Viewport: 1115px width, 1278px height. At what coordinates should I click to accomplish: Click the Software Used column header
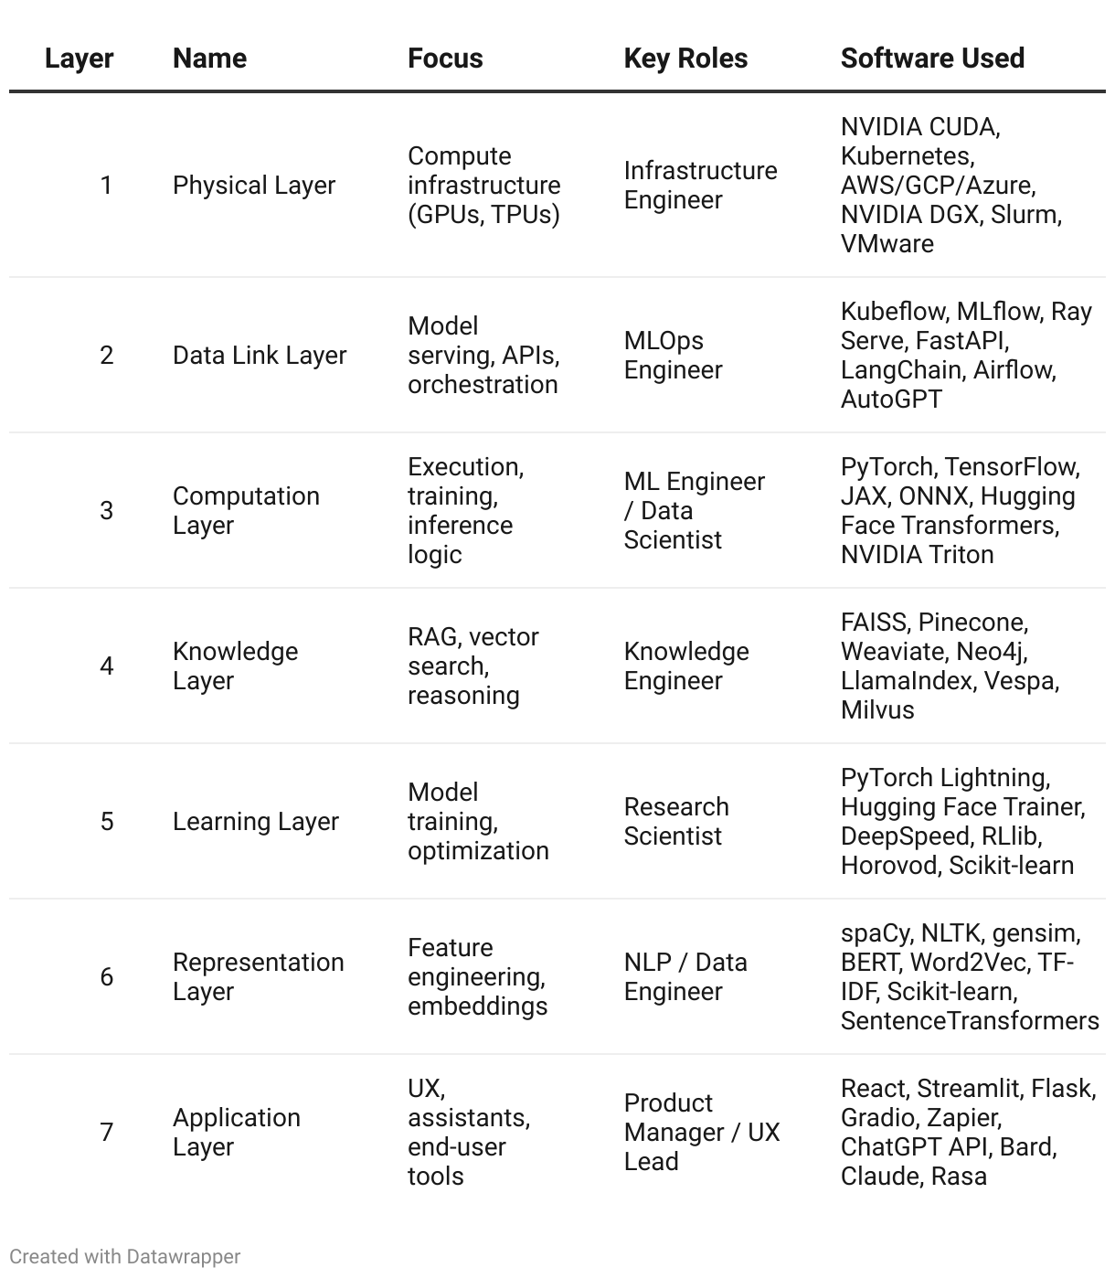932,59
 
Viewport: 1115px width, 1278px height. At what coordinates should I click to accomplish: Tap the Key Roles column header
685,59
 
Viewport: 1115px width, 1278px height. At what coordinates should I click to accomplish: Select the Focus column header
445,59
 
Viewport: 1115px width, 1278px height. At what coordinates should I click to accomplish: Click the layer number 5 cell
107,821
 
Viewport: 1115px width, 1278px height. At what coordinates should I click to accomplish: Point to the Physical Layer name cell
254,185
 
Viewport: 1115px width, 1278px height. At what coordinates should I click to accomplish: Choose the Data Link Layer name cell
260,355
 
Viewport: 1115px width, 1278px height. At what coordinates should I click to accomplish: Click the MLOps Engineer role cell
673,355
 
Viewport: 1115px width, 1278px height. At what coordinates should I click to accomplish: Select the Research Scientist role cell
676,821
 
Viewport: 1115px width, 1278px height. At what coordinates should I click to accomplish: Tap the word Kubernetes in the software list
905,155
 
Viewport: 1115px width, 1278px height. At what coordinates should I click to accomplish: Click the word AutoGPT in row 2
891,399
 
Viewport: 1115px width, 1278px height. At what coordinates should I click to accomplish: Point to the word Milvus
877,709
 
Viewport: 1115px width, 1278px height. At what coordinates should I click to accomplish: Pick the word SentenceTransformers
970,1020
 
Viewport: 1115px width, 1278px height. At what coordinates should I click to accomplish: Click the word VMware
887,243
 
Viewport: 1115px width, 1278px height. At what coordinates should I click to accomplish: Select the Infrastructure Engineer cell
700,185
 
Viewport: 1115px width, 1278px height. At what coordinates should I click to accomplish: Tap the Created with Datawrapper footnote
125,1256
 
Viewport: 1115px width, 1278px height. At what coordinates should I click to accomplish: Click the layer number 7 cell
107,1132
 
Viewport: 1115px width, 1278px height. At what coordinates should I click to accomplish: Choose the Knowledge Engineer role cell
686,666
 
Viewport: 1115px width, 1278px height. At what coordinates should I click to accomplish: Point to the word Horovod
889,865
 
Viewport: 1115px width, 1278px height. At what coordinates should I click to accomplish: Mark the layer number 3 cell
107,510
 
